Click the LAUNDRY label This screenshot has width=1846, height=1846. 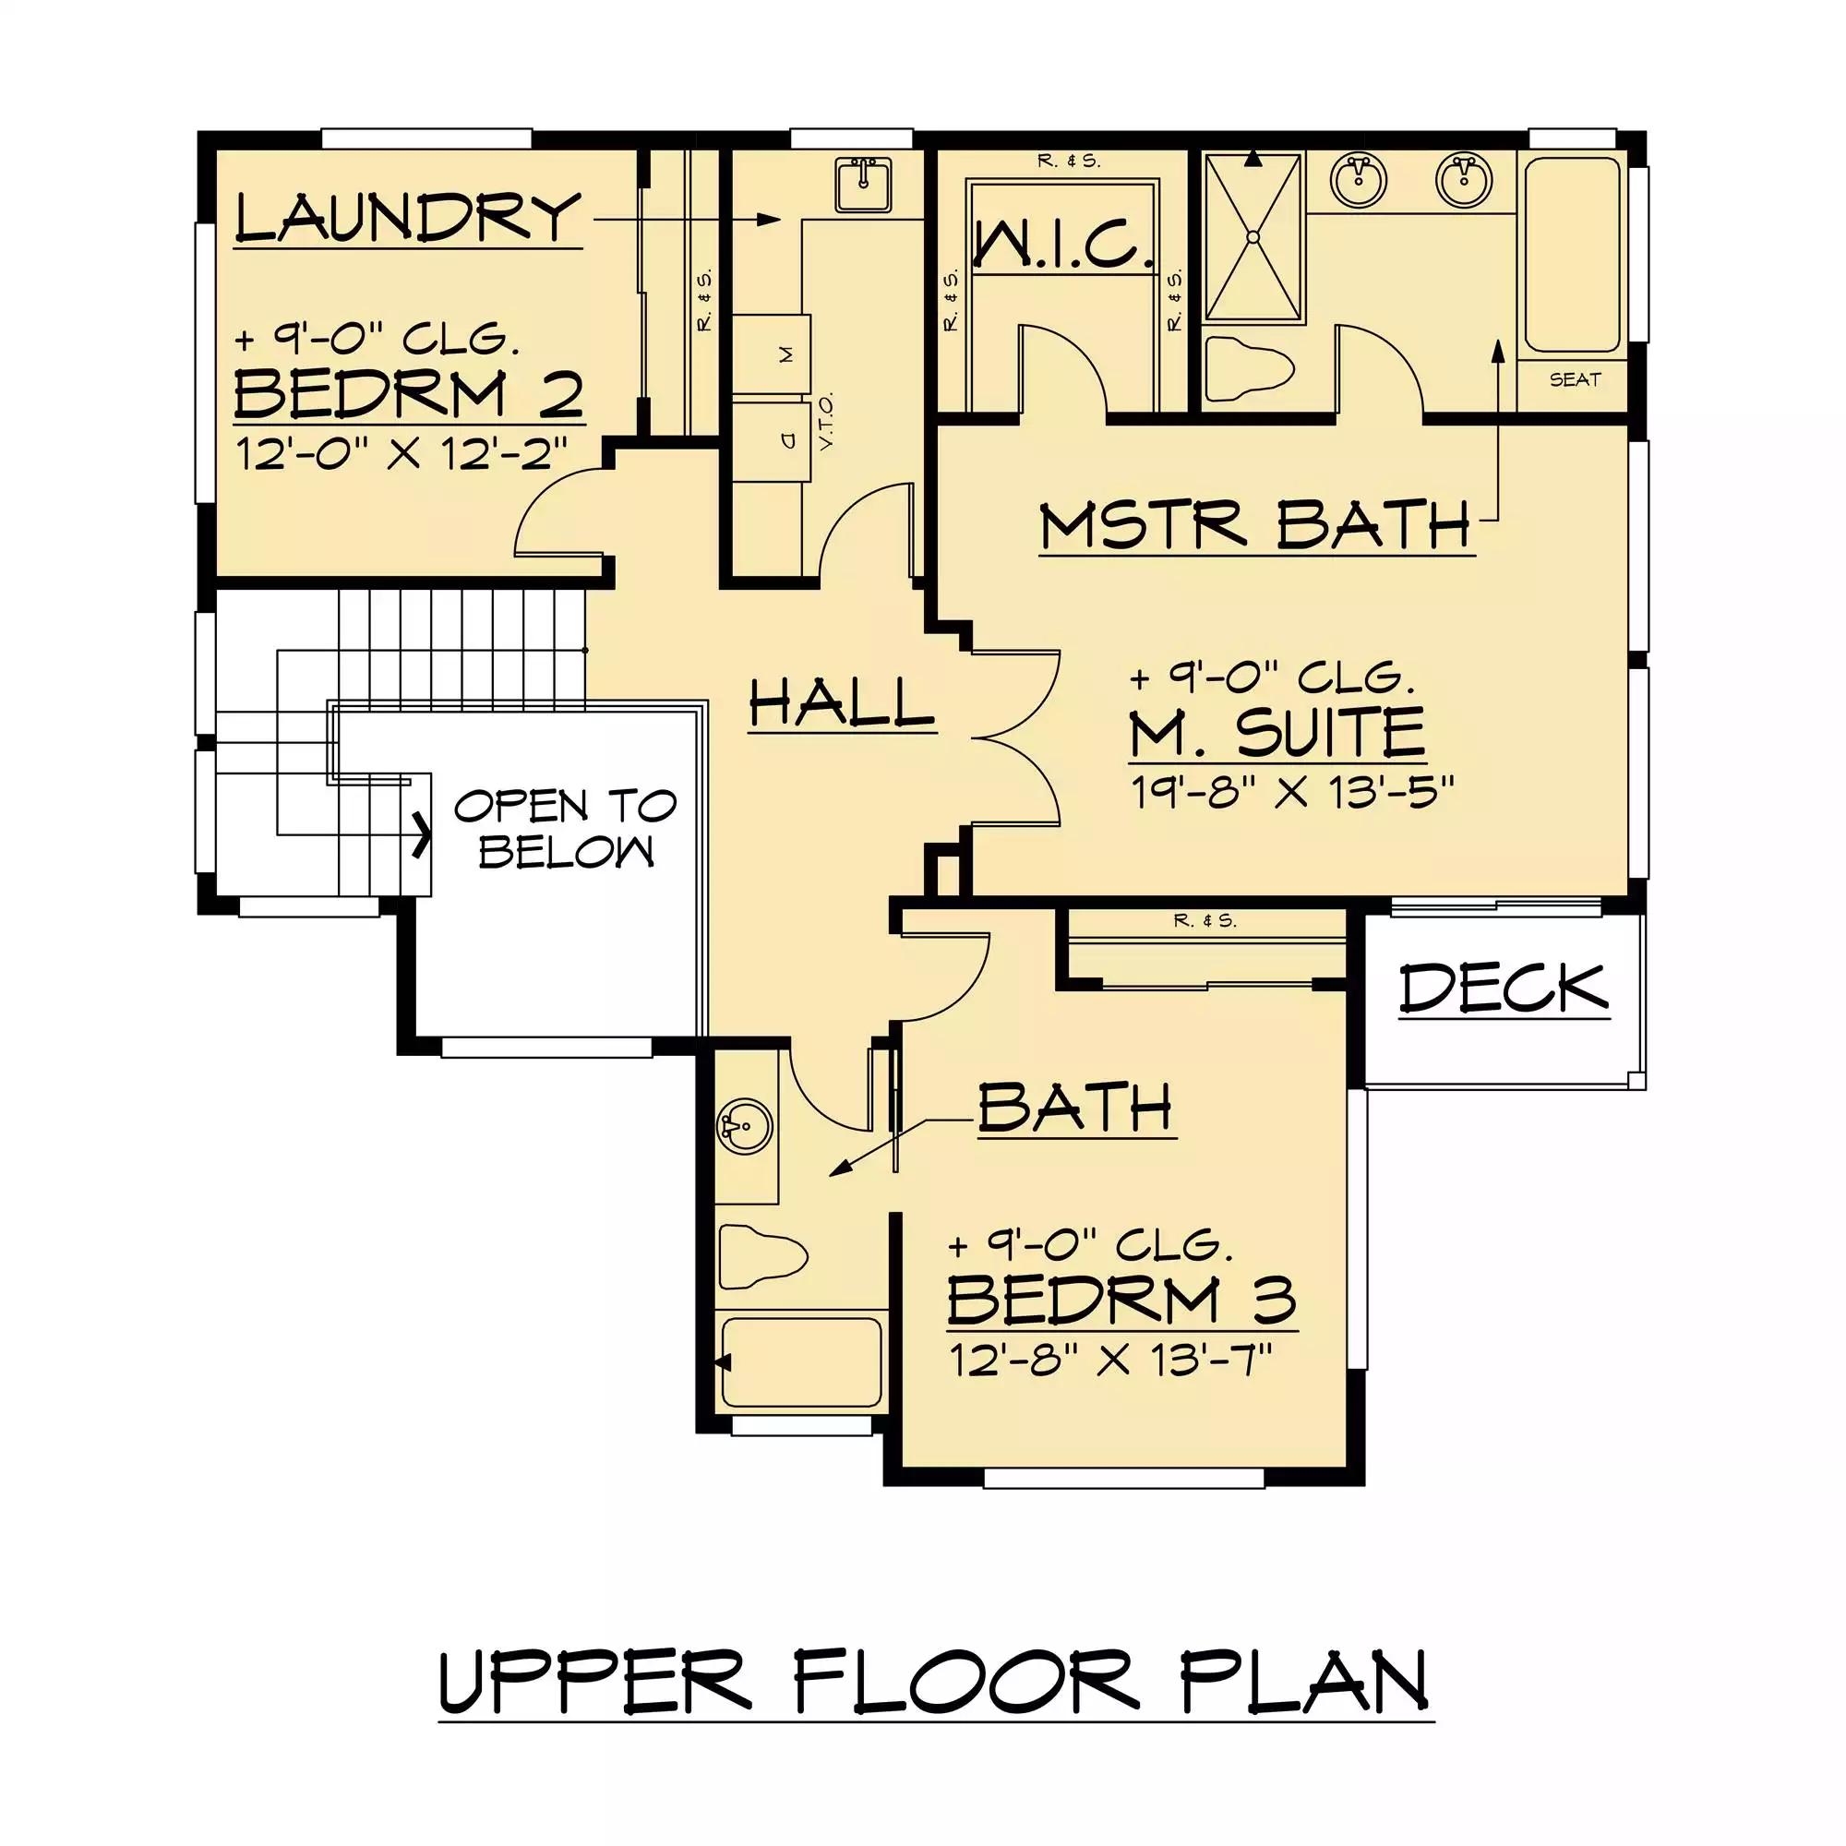(x=408, y=218)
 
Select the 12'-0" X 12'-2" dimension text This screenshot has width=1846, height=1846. (x=402, y=453)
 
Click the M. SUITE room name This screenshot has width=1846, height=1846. (x=1277, y=733)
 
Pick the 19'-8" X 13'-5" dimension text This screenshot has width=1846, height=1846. (x=1292, y=792)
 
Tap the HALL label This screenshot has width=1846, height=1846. (x=841, y=703)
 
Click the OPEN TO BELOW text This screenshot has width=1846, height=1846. (x=566, y=829)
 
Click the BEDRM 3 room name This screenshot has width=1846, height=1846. (x=1121, y=1300)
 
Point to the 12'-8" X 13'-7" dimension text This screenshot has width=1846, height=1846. (x=1111, y=1359)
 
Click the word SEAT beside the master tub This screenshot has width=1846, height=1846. (x=1575, y=379)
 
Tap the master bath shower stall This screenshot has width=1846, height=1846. (x=1253, y=237)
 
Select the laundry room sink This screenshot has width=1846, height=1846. (x=863, y=186)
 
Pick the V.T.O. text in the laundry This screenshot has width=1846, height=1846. (x=826, y=420)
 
